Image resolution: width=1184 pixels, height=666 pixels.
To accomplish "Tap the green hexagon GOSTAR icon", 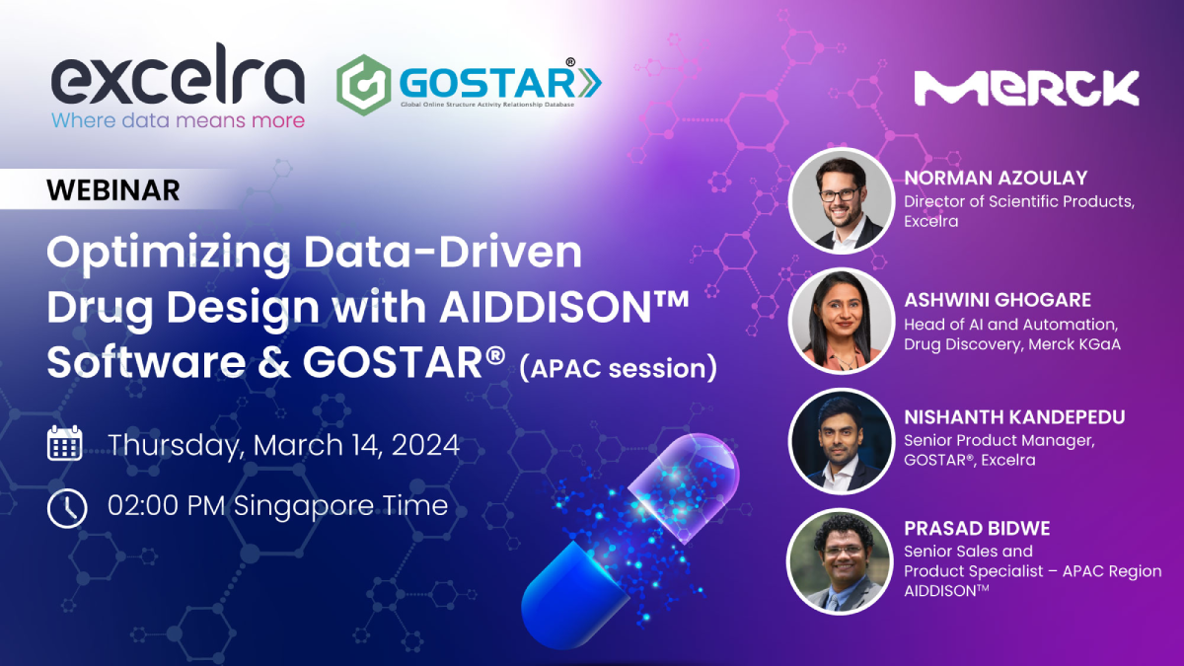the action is click(364, 85).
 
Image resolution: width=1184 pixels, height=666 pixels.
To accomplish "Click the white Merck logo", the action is click(1026, 88).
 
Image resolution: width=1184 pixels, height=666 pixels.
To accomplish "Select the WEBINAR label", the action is click(113, 190).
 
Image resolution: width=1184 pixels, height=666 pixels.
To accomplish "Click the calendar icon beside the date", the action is click(64, 443).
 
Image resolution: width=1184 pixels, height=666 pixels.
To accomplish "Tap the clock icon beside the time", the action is click(67, 508).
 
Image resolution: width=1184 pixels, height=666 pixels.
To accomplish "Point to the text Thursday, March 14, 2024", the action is click(284, 445).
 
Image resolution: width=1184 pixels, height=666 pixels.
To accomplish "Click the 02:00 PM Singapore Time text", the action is click(278, 505).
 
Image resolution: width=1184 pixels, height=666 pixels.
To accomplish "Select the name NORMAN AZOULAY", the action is click(996, 179).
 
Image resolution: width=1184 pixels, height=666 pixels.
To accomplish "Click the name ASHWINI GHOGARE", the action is click(998, 300).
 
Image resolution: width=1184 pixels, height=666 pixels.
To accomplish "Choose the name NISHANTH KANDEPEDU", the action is click(1014, 417).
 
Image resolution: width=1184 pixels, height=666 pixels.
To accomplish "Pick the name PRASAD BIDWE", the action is click(977, 529).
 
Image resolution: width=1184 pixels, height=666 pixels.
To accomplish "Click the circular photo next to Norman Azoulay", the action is click(842, 201).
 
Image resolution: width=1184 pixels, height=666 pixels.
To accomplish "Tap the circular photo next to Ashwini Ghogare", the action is click(842, 321).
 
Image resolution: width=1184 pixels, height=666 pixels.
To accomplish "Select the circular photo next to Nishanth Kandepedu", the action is click(842, 441).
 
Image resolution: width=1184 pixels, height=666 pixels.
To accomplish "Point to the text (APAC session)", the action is click(619, 368).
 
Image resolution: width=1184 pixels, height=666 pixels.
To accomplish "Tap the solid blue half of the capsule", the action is click(573, 596).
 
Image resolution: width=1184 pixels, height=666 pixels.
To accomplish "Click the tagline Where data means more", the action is click(179, 120).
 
